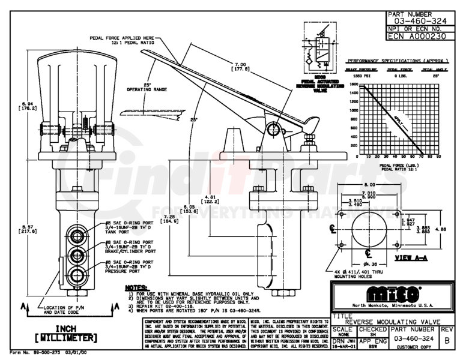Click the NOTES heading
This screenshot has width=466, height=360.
coord(138,287)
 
